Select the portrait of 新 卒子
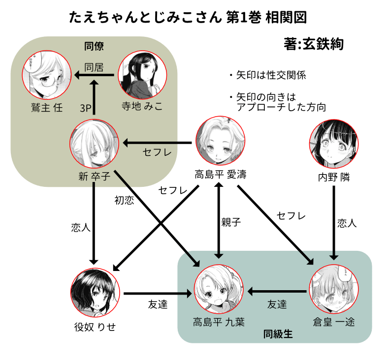94,143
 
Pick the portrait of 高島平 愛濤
220,143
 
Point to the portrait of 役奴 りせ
94,292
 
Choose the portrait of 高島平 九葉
219,292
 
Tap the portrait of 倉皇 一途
334,292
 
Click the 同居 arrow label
94,67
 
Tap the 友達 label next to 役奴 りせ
158,304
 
